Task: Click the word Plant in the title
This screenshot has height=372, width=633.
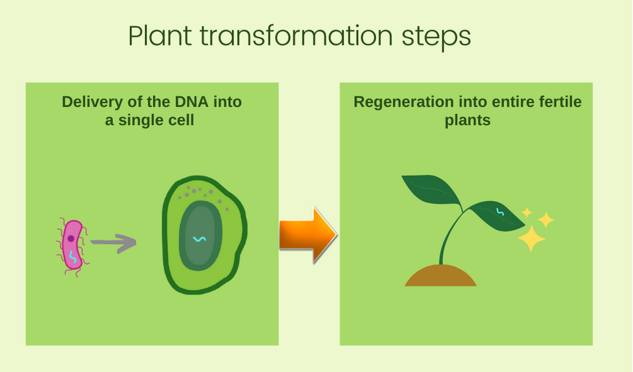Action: click(160, 37)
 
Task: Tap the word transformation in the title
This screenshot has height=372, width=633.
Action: click(296, 36)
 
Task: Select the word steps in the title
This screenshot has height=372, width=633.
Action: click(436, 37)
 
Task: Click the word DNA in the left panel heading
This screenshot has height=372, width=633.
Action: click(192, 102)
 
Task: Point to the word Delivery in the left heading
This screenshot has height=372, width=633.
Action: click(93, 102)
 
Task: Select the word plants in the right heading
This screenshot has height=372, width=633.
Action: click(467, 120)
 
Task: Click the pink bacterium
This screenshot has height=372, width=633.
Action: click(73, 246)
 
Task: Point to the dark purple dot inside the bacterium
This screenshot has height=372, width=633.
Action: click(71, 239)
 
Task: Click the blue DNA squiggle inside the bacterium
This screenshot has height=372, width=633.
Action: click(73, 257)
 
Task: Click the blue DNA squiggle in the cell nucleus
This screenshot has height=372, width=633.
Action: click(199, 239)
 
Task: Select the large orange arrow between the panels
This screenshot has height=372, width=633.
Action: click(308, 235)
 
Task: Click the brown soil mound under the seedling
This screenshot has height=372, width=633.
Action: click(441, 276)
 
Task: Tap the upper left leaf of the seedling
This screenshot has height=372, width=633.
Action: click(432, 190)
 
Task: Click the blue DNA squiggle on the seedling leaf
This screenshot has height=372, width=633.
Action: click(500, 212)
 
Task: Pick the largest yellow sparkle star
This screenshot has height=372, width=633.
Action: click(531, 238)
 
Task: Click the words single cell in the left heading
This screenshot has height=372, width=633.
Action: click(156, 120)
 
